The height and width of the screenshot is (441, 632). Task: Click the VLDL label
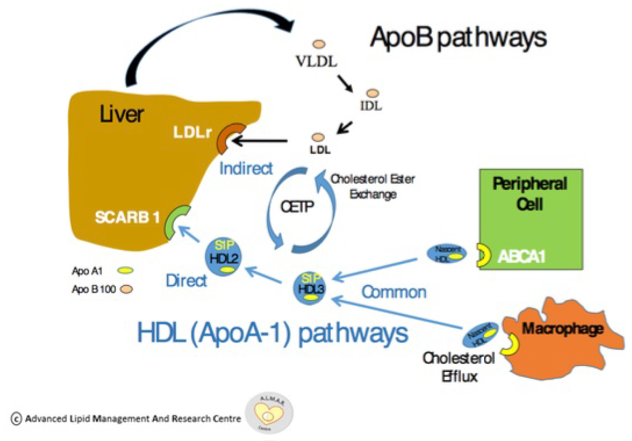316,61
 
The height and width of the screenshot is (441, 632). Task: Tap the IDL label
371,106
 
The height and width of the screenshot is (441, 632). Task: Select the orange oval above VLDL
319,44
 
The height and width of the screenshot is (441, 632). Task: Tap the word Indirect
246,168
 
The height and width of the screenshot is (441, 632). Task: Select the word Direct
186,280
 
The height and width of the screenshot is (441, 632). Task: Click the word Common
394,292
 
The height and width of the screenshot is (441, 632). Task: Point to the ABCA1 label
522,256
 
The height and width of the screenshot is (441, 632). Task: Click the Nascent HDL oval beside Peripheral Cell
447,254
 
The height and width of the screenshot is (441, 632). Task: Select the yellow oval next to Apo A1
125,271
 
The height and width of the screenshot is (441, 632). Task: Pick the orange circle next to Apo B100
126,289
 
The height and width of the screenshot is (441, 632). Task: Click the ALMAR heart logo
269,413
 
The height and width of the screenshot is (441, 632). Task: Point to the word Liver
122,114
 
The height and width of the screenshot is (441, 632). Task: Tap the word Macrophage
562,329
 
